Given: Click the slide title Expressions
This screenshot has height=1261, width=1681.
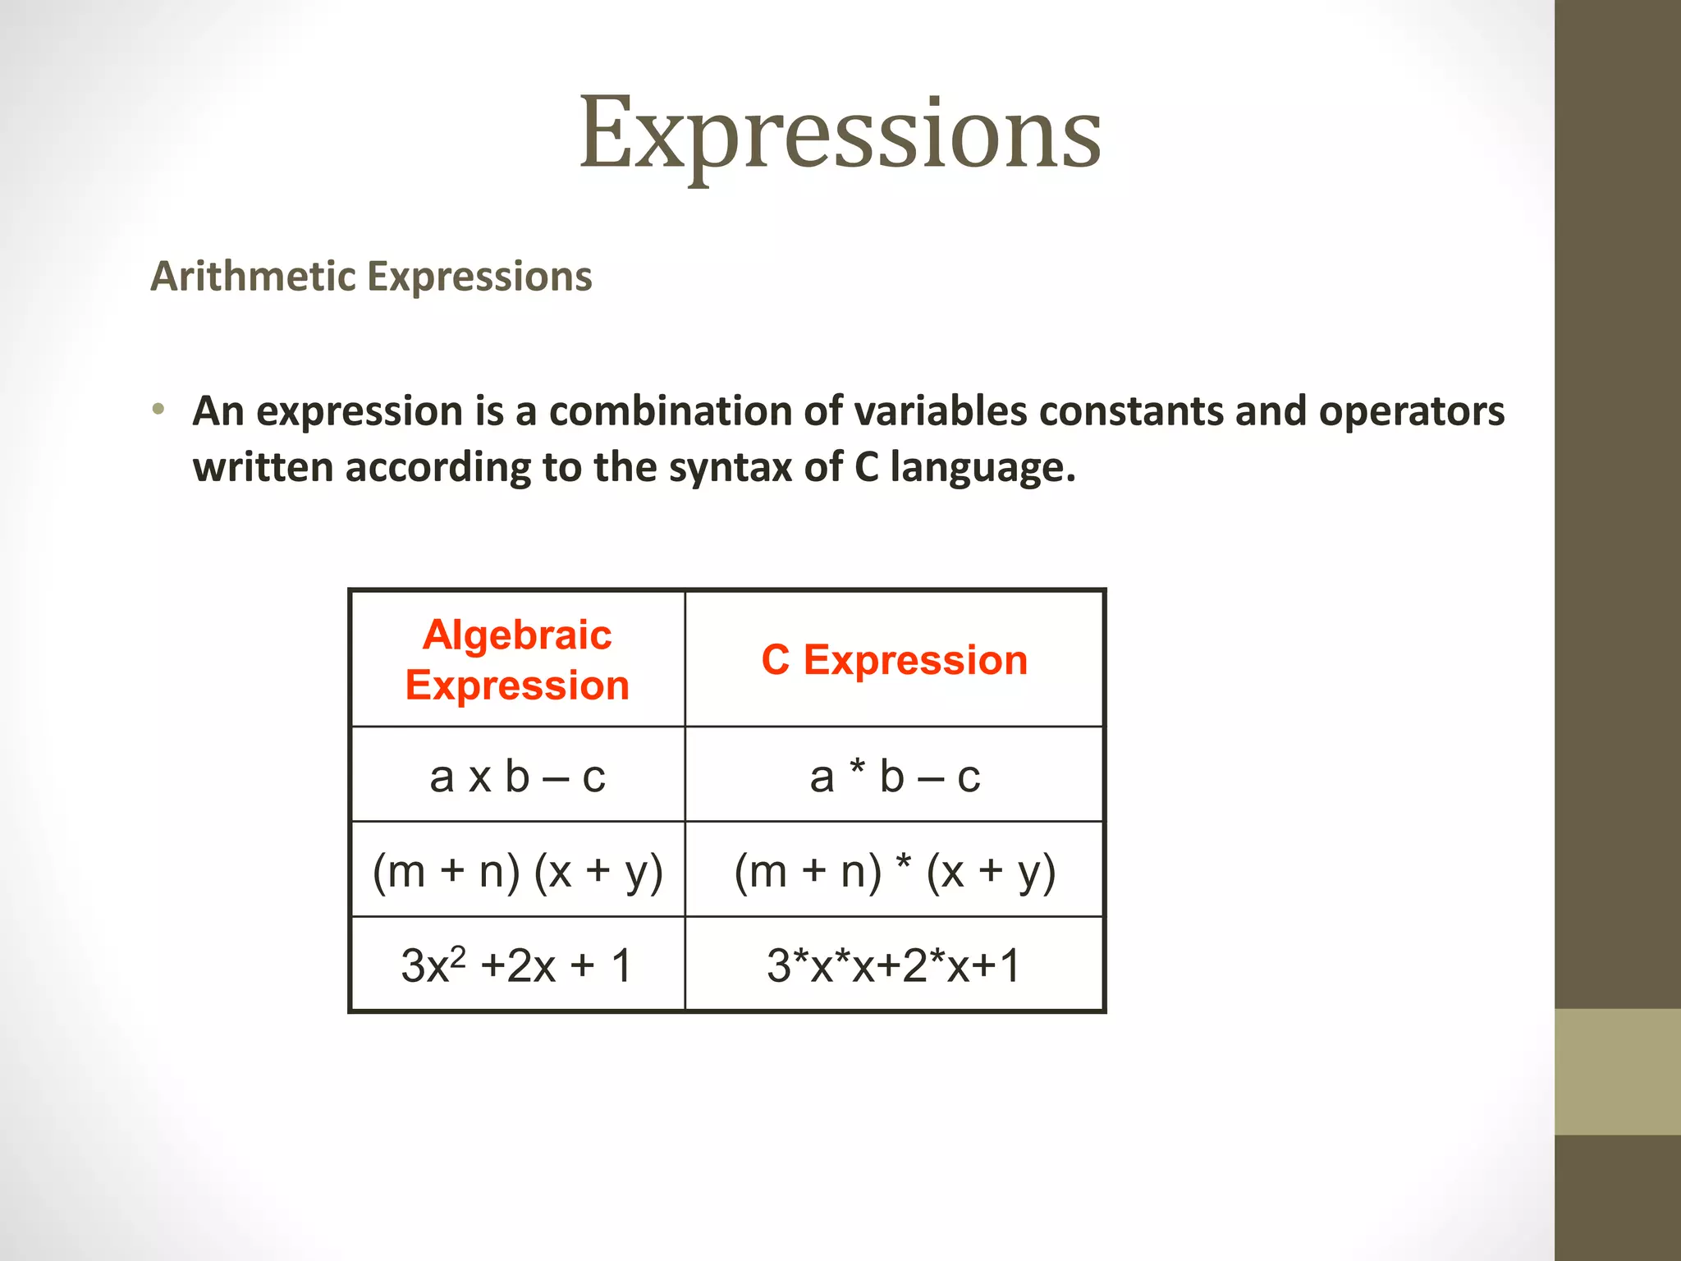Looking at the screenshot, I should pos(840,134).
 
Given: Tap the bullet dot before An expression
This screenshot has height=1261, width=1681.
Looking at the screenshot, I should pos(158,409).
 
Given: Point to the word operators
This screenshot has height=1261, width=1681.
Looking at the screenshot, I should pos(1411,410).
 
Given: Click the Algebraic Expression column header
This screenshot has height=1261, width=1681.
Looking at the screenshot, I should pos(517,659).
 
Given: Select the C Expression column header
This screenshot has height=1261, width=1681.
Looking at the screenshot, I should pos(894,660).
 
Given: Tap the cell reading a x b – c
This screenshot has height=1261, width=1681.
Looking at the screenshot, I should pos(517,776).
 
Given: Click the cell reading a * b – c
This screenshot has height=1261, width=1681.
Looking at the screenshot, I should pos(894,776).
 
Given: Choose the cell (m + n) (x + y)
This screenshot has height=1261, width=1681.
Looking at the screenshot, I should pos(517,870).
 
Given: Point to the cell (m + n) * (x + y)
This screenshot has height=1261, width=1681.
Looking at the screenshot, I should pos(894,870).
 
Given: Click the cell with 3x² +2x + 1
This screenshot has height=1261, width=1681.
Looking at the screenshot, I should pos(517,965).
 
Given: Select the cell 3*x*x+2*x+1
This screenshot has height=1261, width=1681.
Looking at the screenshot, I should pos(894,965).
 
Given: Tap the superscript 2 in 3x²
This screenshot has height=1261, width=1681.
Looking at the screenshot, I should pos(458,955).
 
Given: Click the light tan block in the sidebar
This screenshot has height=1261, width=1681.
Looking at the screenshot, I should pos(1617,1071).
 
